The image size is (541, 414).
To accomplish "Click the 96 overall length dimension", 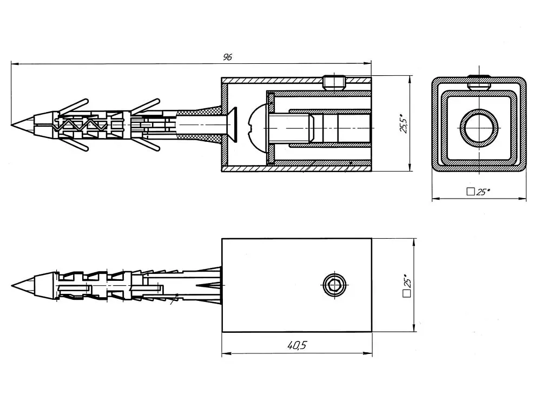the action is point(227,57).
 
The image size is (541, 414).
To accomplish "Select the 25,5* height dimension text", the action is point(404,123).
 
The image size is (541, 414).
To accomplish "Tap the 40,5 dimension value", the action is point(297,345).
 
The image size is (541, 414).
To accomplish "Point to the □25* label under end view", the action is point(478,192).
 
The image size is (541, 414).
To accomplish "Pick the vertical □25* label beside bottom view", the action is point(407,285).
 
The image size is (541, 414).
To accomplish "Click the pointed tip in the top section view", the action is point(12,124).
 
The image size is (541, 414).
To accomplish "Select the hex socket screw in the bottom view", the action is point(334,285).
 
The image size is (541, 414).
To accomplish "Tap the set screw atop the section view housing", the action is point(334,83).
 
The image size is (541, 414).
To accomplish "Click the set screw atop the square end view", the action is point(479,82).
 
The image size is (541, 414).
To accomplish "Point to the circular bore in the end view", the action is point(479,128).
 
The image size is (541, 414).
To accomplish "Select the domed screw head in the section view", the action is point(258,128).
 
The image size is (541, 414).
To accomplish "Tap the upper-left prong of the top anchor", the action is point(73,106).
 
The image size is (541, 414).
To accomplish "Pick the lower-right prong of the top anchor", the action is point(146,145).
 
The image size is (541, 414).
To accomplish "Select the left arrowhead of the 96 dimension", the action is point(15,63).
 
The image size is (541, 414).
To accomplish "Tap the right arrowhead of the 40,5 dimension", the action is point(368,353).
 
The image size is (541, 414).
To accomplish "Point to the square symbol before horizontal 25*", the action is point(470,192).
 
